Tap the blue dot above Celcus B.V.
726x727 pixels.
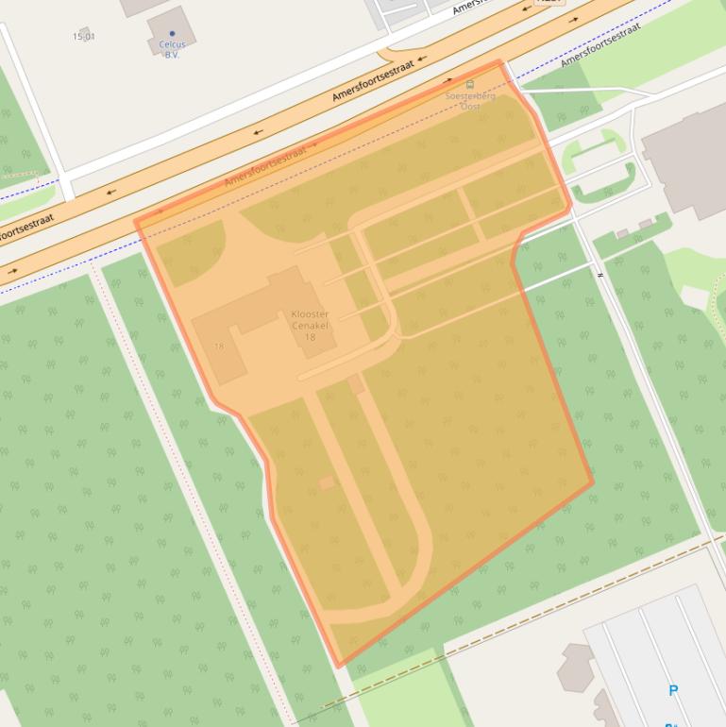[x=172, y=34]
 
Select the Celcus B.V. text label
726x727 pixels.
[x=172, y=49]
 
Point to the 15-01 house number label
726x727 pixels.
[x=83, y=37]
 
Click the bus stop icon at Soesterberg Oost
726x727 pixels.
[x=470, y=85]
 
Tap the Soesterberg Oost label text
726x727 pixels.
[x=469, y=101]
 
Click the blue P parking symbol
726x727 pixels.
[x=673, y=690]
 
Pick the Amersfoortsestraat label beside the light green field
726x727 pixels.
[x=600, y=44]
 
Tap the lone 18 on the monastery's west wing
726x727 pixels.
[x=219, y=347]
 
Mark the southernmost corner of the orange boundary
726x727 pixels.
[x=340, y=667]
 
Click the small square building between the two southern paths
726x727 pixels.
[x=327, y=483]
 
